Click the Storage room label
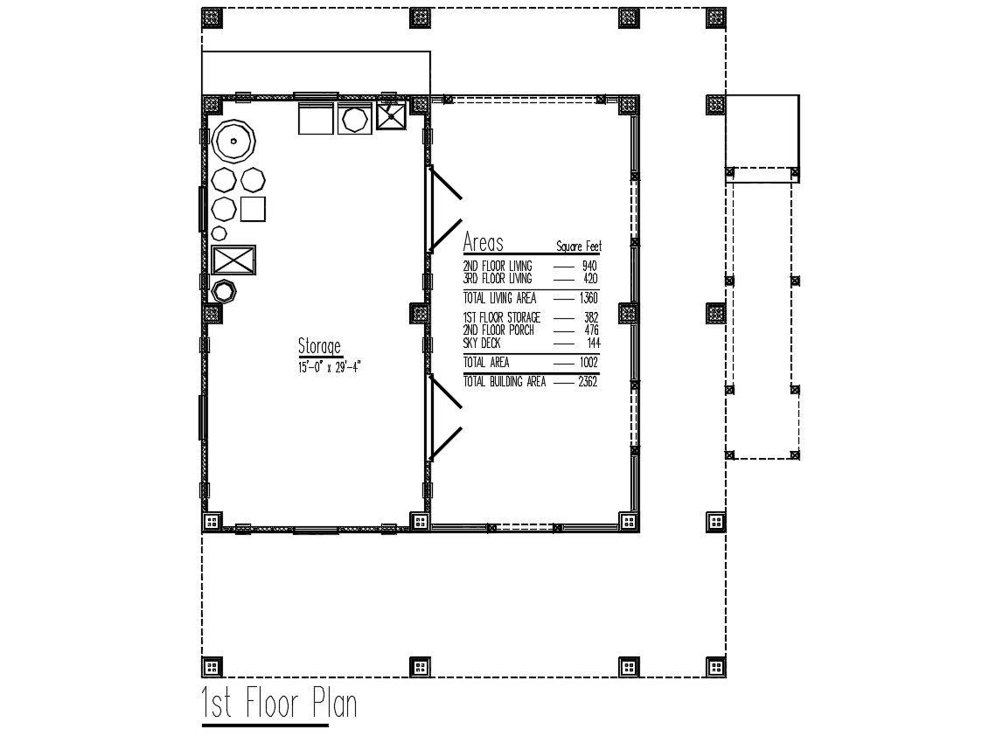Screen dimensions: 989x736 point(320,346)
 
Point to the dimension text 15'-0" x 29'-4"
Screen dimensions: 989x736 point(330,367)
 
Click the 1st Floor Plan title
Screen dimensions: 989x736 point(280,703)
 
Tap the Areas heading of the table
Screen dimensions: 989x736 point(484,242)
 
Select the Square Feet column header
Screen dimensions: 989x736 point(578,246)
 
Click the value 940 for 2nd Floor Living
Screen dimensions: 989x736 point(589,266)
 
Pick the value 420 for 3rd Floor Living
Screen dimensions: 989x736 point(589,279)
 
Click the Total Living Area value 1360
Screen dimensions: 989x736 point(589,298)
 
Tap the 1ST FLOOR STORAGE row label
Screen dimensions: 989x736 point(501,318)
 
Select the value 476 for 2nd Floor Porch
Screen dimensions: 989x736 point(591,330)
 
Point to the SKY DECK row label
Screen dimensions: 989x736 point(482,344)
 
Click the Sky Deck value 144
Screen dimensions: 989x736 point(593,344)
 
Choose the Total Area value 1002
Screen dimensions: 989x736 point(589,363)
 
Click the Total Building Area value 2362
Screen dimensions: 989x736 point(588,382)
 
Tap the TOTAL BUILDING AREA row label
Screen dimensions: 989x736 point(505,382)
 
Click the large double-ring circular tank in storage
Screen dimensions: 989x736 point(233,141)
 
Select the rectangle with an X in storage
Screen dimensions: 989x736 point(233,260)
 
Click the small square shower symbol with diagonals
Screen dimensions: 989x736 point(392,116)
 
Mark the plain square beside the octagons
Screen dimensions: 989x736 point(253,209)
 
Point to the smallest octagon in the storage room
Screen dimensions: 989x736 point(219,233)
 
